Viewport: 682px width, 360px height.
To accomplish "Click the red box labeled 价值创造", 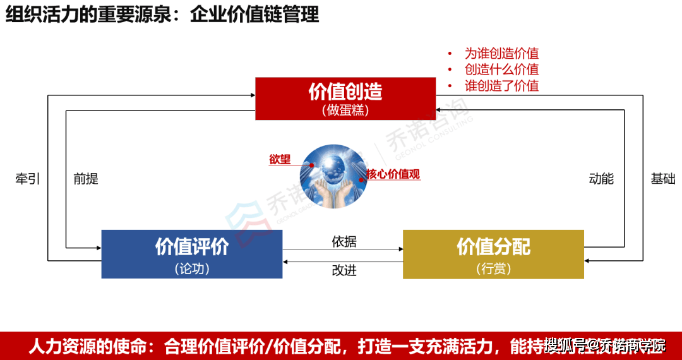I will pos(345,98).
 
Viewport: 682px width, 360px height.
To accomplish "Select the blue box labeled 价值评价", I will pos(192,254).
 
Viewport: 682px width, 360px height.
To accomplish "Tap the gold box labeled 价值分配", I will pos(493,254).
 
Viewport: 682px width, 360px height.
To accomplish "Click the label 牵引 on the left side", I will pos(27,179).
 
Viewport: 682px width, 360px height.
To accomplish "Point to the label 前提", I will pos(86,179).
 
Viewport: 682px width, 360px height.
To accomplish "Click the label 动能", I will pos(601,179).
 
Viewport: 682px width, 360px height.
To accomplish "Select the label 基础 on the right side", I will pos(663,179).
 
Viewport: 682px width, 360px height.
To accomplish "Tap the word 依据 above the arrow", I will pos(344,241).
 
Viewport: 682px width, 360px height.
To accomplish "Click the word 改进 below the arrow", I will pos(344,270).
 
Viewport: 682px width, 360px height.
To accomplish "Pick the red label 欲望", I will pos(280,159).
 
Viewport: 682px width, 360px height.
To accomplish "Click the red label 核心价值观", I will pos(393,174).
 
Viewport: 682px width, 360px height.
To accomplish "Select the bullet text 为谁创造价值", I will pos(501,54).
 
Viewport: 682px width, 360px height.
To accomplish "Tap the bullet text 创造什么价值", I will pos(501,69).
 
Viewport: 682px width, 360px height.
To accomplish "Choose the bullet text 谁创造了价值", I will pos(501,85).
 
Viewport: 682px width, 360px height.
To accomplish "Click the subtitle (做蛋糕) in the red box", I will pos(345,110).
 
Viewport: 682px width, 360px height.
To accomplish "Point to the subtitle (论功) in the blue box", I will pos(192,268).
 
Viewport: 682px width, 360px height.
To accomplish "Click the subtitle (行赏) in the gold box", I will pos(493,268).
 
